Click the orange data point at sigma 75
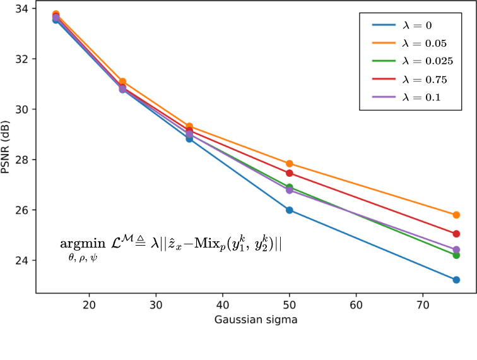pyautogui.click(x=456, y=215)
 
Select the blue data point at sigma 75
pyautogui.click(x=456, y=280)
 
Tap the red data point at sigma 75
pyautogui.click(x=456, y=234)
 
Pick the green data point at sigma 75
pyautogui.click(x=456, y=255)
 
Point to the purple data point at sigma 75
pyautogui.click(x=456, y=249)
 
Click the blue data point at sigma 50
pyautogui.click(x=290, y=210)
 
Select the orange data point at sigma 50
pyautogui.click(x=290, y=164)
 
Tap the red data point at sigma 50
pyautogui.click(x=290, y=173)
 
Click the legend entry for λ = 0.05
pyautogui.click(x=409, y=43)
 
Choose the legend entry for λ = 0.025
pyautogui.click(x=413, y=61)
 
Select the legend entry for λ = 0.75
pyautogui.click(x=409, y=79)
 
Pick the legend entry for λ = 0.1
pyautogui.click(x=406, y=97)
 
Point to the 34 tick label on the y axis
pyautogui.click(x=21, y=9)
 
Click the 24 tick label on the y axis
pyautogui.click(x=21, y=260)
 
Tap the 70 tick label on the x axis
pyautogui.click(x=423, y=305)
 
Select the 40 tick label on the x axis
pyautogui.click(x=223, y=305)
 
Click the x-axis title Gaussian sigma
pyautogui.click(x=256, y=320)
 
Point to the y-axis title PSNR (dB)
pyautogui.click(x=5, y=147)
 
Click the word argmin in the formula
pyautogui.click(x=83, y=244)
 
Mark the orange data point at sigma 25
pyautogui.click(x=122, y=81)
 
